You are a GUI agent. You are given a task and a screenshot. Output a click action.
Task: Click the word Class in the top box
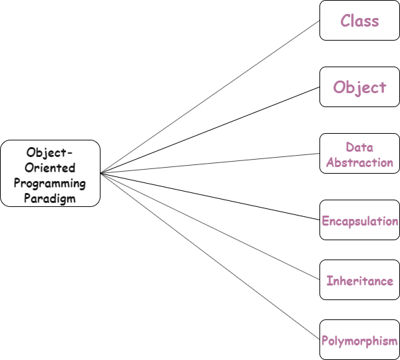click(x=359, y=21)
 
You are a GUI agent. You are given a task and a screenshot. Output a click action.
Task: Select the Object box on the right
click(x=359, y=87)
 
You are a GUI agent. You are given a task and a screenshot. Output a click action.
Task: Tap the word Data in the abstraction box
click(x=359, y=147)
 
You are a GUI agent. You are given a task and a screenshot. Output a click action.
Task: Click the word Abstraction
click(x=359, y=162)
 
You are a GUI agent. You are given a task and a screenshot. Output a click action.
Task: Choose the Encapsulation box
click(x=359, y=220)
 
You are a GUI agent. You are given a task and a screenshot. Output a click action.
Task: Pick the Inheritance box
click(x=359, y=281)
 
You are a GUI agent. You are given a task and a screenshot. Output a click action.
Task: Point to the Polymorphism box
click(x=359, y=341)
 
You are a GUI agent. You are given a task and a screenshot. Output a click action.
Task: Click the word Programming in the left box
click(x=51, y=183)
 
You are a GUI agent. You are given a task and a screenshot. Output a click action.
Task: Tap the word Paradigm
click(x=51, y=198)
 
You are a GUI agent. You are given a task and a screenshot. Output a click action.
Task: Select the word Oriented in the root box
click(x=51, y=168)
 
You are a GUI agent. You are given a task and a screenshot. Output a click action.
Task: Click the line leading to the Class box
click(x=210, y=96)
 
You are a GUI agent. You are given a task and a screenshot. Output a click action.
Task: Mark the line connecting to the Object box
click(x=210, y=130)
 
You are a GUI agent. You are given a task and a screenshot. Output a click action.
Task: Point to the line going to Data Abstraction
click(x=210, y=163)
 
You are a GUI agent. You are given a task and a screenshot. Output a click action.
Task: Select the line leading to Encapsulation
click(x=210, y=196)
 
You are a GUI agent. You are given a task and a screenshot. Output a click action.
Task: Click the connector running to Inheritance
click(x=210, y=226)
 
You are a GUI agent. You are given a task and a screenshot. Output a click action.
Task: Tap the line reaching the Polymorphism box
click(x=210, y=256)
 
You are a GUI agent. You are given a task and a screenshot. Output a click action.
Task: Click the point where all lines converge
click(x=101, y=173)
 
